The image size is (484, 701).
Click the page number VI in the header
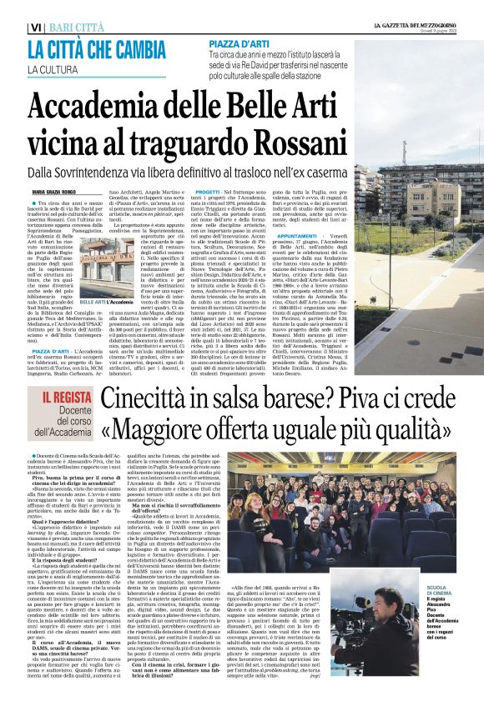tap(35, 28)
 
